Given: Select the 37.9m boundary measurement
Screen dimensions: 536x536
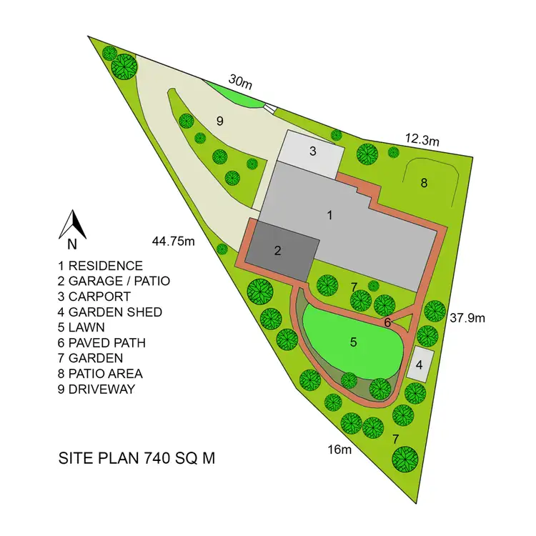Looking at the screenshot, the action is [x=469, y=317].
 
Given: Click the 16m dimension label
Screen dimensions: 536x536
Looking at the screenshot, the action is [x=340, y=450].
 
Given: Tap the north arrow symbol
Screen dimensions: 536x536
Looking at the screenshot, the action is [x=73, y=224].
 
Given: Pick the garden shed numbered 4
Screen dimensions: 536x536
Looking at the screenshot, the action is [x=420, y=364].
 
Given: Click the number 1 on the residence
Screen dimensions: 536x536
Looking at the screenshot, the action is [x=330, y=214].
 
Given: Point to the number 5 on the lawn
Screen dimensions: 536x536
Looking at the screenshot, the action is [x=353, y=342].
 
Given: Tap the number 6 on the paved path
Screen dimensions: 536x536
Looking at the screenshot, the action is [x=387, y=322].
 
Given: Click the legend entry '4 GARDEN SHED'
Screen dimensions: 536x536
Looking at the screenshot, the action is [x=110, y=312].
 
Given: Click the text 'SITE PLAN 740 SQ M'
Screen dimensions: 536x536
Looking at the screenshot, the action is [x=136, y=458].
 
